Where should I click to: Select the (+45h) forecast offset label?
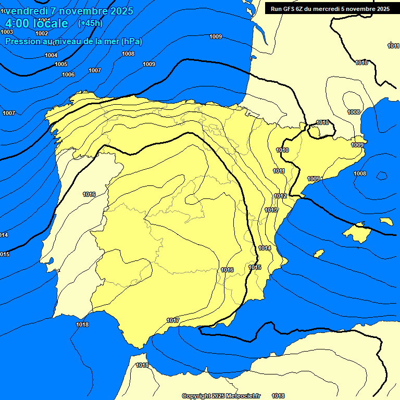90,23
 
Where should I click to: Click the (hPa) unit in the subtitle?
131,41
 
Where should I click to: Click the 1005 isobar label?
61,64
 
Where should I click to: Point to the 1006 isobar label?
68,74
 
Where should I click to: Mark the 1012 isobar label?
280,196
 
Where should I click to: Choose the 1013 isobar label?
270,210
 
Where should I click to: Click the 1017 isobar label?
173,320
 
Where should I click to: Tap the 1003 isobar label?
7,32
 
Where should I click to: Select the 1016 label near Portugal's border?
89,194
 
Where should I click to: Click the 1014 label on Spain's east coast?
265,248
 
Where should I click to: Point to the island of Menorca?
386,221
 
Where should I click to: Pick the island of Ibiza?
319,253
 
